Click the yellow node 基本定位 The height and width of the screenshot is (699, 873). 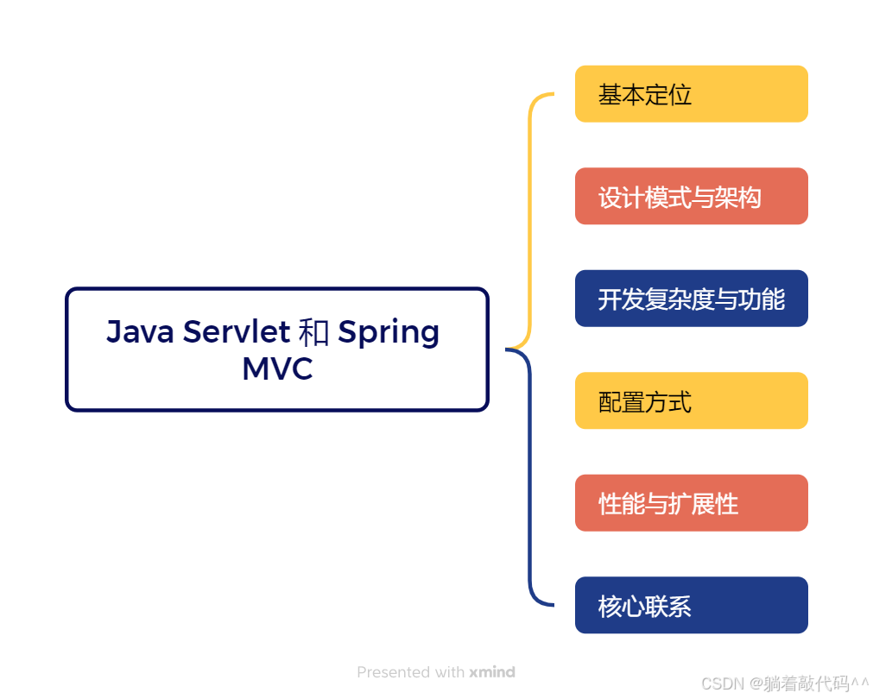point(691,94)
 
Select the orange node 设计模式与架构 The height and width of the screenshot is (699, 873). point(691,197)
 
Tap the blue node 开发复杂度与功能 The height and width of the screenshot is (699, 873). point(691,299)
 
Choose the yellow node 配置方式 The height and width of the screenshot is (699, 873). point(691,401)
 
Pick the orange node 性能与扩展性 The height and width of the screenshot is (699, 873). point(691,503)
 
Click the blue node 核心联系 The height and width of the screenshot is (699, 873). point(691,606)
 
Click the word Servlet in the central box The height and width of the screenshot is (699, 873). point(236,331)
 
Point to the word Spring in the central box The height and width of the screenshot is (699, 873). point(389,333)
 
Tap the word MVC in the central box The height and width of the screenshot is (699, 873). point(277,368)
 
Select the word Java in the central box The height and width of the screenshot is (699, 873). point(140,331)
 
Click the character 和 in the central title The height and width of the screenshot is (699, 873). point(313,332)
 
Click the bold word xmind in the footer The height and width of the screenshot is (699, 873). point(492,672)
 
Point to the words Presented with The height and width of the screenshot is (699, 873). point(411,672)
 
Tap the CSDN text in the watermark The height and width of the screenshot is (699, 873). point(723,684)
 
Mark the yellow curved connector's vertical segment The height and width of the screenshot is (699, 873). point(529,220)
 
